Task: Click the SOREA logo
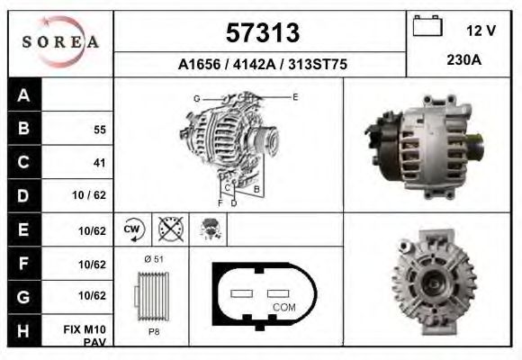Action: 60,42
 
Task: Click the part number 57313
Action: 261,32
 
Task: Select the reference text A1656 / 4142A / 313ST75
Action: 262,65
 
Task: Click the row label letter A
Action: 23,95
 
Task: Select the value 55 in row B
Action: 99,130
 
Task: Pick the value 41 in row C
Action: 99,163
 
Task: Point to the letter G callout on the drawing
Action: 196,97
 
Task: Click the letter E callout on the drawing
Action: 295,95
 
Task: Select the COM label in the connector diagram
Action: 283,307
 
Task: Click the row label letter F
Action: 23,264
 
